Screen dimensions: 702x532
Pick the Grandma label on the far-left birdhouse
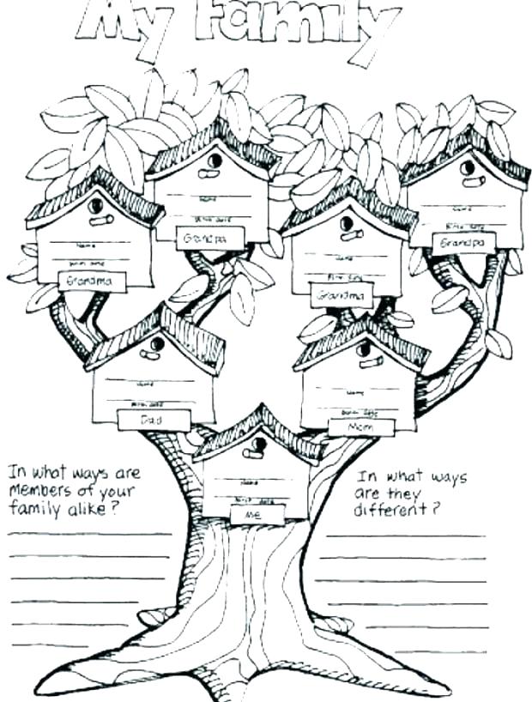point(93,281)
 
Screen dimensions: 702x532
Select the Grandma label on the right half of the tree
point(343,296)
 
